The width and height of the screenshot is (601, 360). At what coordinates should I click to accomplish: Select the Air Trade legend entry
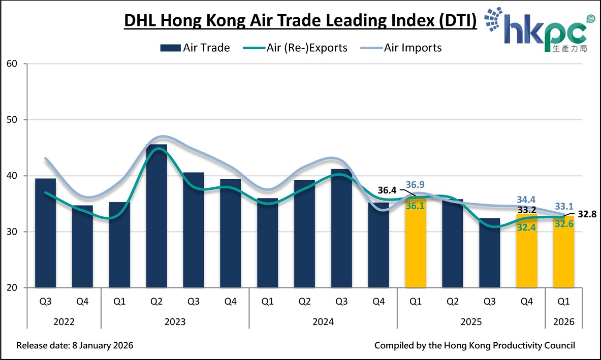[x=196, y=48]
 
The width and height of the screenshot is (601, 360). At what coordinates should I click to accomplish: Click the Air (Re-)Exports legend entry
[x=300, y=48]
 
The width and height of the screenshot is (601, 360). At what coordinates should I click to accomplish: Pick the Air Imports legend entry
[x=401, y=48]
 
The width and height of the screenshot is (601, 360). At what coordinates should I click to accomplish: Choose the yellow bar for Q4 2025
[x=527, y=251]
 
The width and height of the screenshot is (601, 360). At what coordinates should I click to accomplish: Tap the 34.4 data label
[x=527, y=200]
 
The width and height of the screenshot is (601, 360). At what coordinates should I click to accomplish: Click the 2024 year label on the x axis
[x=323, y=321]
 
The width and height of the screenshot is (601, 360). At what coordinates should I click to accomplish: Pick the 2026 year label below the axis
[x=564, y=321]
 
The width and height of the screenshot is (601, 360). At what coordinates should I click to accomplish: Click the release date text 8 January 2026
[x=75, y=346]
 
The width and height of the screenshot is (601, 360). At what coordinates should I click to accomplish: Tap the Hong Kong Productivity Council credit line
[x=475, y=346]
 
